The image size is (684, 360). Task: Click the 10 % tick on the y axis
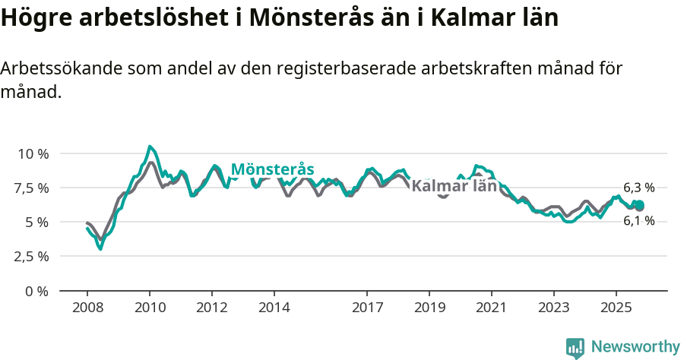(33, 153)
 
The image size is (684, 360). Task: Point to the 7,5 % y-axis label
(33, 188)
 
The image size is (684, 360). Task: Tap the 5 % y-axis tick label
(37, 222)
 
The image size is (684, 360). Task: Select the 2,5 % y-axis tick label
(33, 256)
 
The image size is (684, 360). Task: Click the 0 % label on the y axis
(37, 291)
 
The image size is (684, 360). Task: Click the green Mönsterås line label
(272, 169)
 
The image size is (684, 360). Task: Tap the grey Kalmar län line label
(454, 186)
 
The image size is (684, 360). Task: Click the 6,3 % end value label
(638, 188)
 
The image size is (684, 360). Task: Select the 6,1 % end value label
(638, 221)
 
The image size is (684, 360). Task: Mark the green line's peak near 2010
(150, 147)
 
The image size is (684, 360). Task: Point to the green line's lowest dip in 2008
(100, 248)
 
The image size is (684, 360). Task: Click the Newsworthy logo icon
(575, 347)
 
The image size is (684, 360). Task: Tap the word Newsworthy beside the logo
(635, 347)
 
